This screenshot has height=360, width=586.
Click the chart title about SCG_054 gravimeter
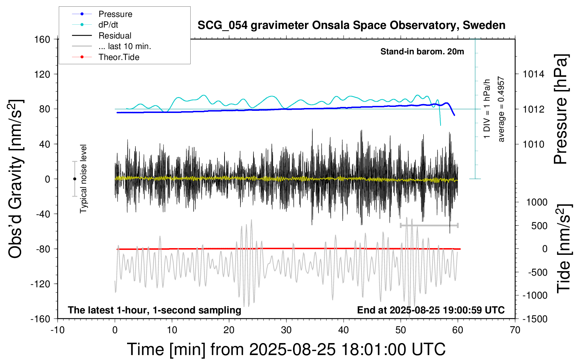351,25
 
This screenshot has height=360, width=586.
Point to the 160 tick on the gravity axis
42,39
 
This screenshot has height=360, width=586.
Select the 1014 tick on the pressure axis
533,74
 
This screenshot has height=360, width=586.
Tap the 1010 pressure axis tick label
533,144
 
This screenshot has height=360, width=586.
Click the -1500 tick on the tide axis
535,319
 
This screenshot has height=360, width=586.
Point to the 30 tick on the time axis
286,330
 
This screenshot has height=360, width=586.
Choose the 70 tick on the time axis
515,330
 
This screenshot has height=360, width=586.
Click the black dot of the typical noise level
74,179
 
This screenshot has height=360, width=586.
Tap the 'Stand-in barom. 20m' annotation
422,52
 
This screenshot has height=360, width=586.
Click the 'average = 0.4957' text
501,109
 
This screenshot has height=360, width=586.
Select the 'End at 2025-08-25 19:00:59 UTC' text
431,310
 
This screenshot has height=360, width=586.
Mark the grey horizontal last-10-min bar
429,225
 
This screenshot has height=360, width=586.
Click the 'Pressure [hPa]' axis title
561,109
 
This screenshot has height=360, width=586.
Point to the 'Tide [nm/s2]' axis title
563,248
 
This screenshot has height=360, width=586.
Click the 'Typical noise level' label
83,179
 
